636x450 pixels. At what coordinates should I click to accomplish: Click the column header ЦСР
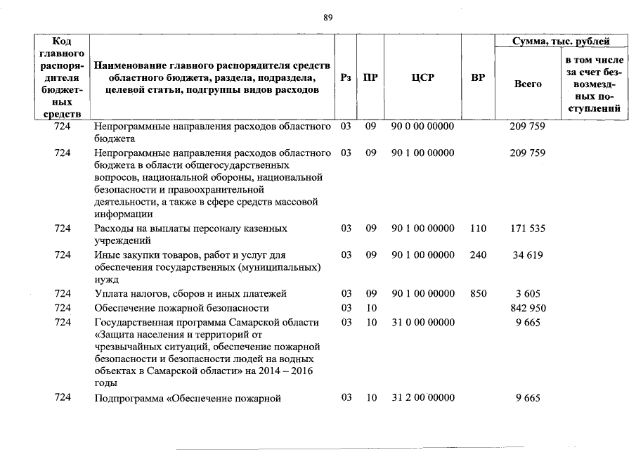pyautogui.click(x=422, y=78)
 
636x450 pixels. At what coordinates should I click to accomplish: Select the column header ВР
pyautogui.click(x=478, y=78)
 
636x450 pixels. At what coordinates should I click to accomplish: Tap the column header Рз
pyautogui.click(x=345, y=78)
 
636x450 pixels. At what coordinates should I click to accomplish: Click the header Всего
pyautogui.click(x=528, y=84)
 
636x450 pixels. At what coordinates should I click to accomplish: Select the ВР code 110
pyautogui.click(x=478, y=229)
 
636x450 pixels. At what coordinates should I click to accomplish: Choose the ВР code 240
pyautogui.click(x=478, y=255)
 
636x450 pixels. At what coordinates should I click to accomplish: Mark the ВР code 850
pyautogui.click(x=478, y=293)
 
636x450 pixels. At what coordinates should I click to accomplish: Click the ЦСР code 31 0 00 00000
pyautogui.click(x=422, y=322)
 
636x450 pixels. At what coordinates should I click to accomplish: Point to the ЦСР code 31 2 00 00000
pyautogui.click(x=422, y=398)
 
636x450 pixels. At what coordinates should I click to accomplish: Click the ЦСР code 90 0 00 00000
pyautogui.click(x=422, y=127)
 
